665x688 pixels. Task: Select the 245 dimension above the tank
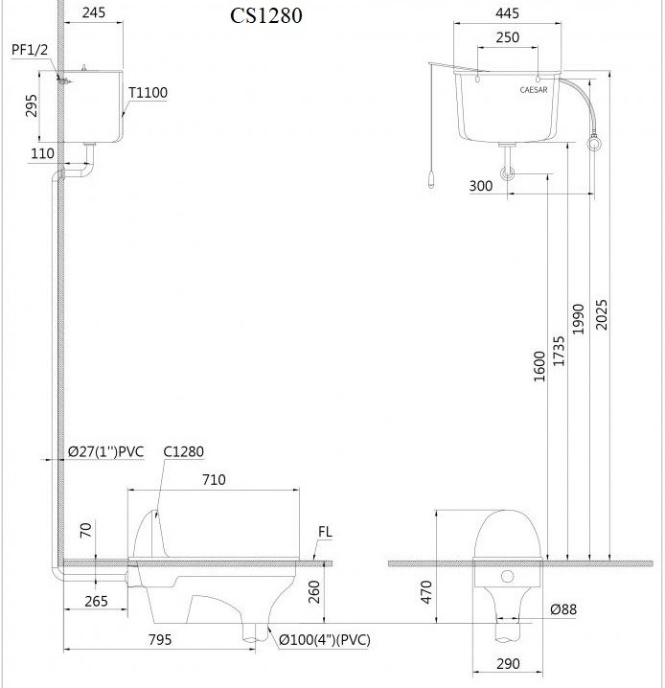[x=94, y=14]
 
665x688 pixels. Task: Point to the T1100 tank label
[x=149, y=93]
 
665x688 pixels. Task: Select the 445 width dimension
[x=509, y=14]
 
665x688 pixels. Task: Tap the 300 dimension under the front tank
[x=482, y=186]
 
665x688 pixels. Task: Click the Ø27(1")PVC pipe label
[x=105, y=451]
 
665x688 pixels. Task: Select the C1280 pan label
[x=183, y=451]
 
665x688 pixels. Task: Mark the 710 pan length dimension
[x=214, y=478]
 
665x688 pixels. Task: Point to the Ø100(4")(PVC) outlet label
[x=325, y=639]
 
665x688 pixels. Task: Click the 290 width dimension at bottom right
[x=509, y=663]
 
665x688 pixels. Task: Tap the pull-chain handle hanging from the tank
[x=431, y=179]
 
